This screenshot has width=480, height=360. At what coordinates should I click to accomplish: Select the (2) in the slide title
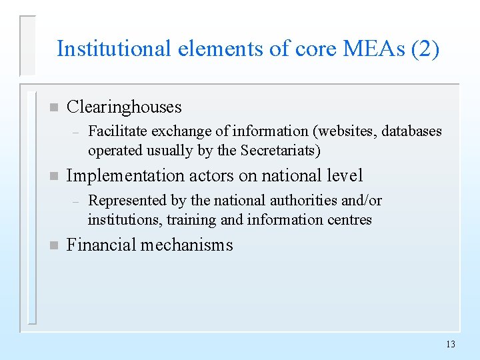pos(425,49)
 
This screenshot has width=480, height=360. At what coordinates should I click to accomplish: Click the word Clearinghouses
pos(124,107)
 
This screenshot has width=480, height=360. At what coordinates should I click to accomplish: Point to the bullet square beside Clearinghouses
pos(53,107)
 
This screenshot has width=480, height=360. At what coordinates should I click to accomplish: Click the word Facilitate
pos(115,131)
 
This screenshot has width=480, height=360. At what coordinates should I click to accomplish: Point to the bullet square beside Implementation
pos(53,177)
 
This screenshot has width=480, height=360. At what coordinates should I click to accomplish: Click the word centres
pos(349,219)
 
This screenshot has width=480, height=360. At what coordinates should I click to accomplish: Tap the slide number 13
pos(450,344)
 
